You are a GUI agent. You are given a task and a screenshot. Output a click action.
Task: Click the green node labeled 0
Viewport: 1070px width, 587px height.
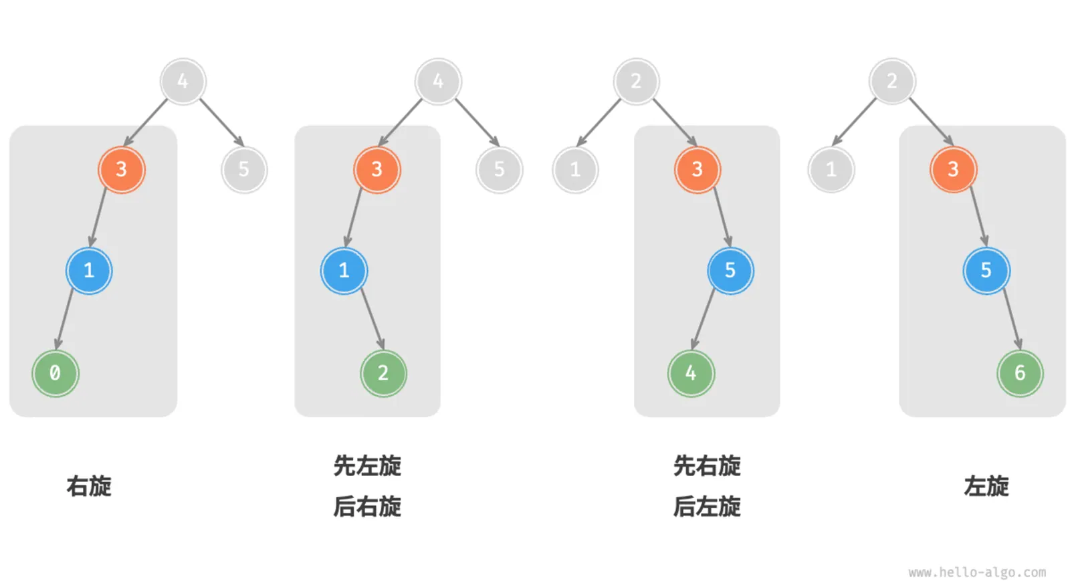56,373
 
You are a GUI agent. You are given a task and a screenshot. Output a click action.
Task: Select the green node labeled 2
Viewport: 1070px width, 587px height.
383,373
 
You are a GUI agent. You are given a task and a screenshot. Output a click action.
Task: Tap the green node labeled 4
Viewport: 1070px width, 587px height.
691,373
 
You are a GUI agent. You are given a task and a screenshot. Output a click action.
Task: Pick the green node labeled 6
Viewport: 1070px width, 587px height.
1020,373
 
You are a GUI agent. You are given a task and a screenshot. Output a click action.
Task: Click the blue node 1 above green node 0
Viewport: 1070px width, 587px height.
89,271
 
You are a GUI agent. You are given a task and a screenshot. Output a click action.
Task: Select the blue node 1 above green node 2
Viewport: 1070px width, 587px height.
344,271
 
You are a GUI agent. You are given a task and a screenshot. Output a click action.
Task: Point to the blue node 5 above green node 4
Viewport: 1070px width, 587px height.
730,271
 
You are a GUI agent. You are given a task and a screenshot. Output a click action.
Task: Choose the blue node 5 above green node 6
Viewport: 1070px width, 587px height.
986,271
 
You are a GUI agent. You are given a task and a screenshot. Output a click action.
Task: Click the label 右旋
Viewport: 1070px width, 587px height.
89,486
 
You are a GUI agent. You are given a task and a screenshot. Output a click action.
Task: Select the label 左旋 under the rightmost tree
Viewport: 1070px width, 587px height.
986,486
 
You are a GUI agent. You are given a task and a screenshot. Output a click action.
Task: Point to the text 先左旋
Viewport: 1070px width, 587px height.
367,466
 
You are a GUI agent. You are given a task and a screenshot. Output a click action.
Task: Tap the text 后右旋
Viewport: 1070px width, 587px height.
367,507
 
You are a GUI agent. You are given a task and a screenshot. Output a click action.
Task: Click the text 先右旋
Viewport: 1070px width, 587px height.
707,466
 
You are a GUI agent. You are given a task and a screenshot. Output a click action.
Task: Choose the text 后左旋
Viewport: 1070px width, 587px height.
707,507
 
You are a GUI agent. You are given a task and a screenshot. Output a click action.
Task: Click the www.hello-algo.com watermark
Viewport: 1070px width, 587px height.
977,572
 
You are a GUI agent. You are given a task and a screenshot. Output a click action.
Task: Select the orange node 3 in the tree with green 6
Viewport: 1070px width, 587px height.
953,170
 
